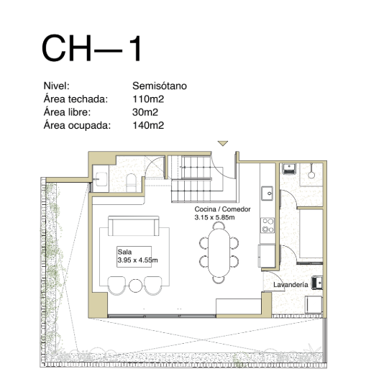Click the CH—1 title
coord(92,48)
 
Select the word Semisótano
coord(160,86)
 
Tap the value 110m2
coord(148,99)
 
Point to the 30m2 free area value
coord(145,112)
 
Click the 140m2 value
coord(148,125)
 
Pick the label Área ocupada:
coord(77,125)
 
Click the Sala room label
coord(124,252)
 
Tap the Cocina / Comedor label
coord(222,209)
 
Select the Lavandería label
coord(290,285)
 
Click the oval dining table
coord(219,252)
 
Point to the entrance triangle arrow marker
coord(222,143)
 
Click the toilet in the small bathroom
coord(131,183)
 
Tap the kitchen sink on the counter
coord(267,193)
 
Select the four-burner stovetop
coord(267,225)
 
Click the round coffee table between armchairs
coord(135,286)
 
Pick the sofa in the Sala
coord(134,226)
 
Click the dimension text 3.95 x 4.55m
coord(137,260)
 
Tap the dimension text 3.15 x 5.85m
coord(214,217)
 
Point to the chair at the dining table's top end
coord(219,225)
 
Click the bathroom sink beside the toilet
coord(101,179)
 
